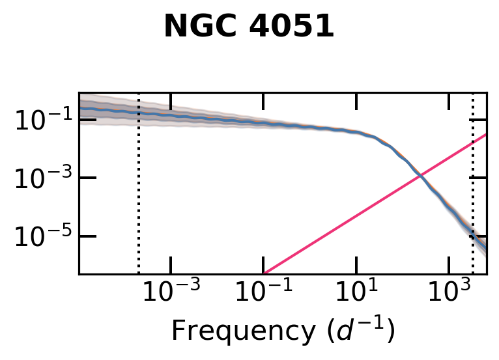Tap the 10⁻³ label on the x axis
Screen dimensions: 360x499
171,292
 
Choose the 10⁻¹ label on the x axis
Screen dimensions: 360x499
264,292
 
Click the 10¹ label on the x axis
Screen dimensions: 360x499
356,292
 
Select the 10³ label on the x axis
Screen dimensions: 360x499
449,292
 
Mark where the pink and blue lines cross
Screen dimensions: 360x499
421,175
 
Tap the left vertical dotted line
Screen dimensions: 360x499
139,195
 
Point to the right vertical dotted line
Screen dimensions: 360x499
472,195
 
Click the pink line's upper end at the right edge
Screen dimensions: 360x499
486,135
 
